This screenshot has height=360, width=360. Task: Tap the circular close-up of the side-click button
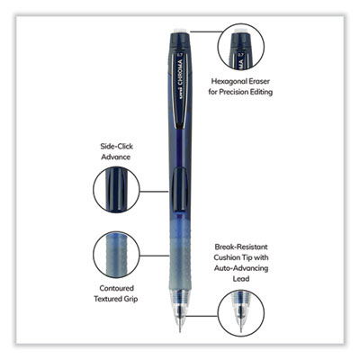pyautogui.click(x=116, y=191)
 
